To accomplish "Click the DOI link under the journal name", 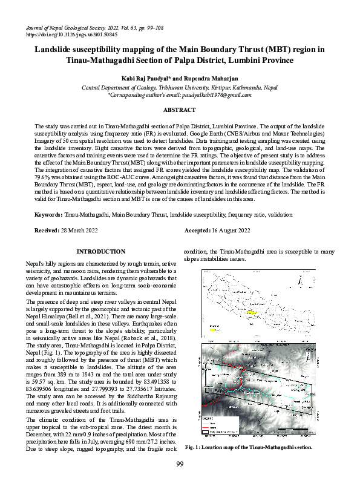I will point(71,34).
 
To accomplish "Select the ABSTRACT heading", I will point(180,110).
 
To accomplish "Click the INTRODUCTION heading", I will point(100,251).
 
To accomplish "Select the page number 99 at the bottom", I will point(180,481).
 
